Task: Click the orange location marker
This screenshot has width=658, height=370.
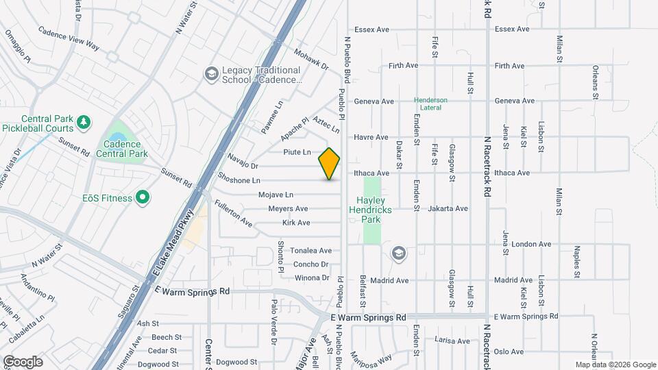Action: pos(330,164)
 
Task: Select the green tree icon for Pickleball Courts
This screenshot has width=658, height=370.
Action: pos(84,121)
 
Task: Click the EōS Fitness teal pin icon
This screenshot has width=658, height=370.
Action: pos(143,198)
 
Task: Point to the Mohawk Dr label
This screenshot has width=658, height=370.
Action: pos(311,60)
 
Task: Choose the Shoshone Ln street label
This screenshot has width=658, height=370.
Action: pos(239,180)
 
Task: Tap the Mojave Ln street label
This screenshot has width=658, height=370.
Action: pos(276,195)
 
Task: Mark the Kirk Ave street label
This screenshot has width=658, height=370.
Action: pos(296,223)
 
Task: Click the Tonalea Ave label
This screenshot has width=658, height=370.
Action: pos(310,251)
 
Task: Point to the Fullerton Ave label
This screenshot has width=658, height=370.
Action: pos(233,214)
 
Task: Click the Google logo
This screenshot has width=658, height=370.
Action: pos(23,361)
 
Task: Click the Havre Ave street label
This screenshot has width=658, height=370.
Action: pos(371,137)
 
